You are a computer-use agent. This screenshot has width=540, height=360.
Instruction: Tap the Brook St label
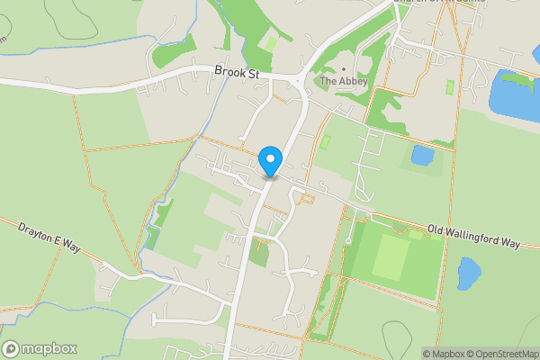tap(236, 71)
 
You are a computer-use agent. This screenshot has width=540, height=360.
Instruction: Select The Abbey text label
tap(343, 81)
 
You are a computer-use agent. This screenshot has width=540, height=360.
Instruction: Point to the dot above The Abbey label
tap(343, 68)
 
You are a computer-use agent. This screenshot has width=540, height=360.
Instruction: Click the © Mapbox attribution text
tap(443, 354)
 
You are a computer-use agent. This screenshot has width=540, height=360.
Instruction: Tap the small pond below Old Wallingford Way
tap(469, 273)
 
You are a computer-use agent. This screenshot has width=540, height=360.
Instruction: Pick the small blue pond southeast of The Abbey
tap(421, 155)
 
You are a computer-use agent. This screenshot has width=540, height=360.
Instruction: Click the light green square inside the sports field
tap(390, 257)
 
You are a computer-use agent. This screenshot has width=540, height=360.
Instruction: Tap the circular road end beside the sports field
tap(348, 241)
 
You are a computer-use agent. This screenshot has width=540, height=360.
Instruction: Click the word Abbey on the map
tap(351, 81)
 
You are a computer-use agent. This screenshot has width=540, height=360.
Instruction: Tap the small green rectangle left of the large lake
tap(450, 87)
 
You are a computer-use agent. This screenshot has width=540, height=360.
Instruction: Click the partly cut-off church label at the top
tap(441, 3)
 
